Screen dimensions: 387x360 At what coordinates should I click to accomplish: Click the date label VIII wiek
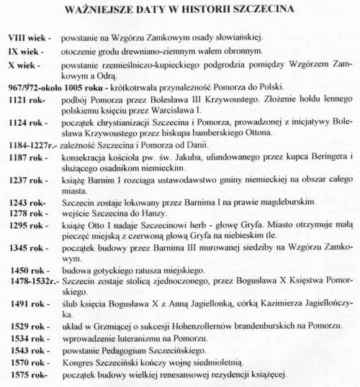click(26, 37)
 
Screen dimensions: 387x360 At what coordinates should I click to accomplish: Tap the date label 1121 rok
click(26, 101)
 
